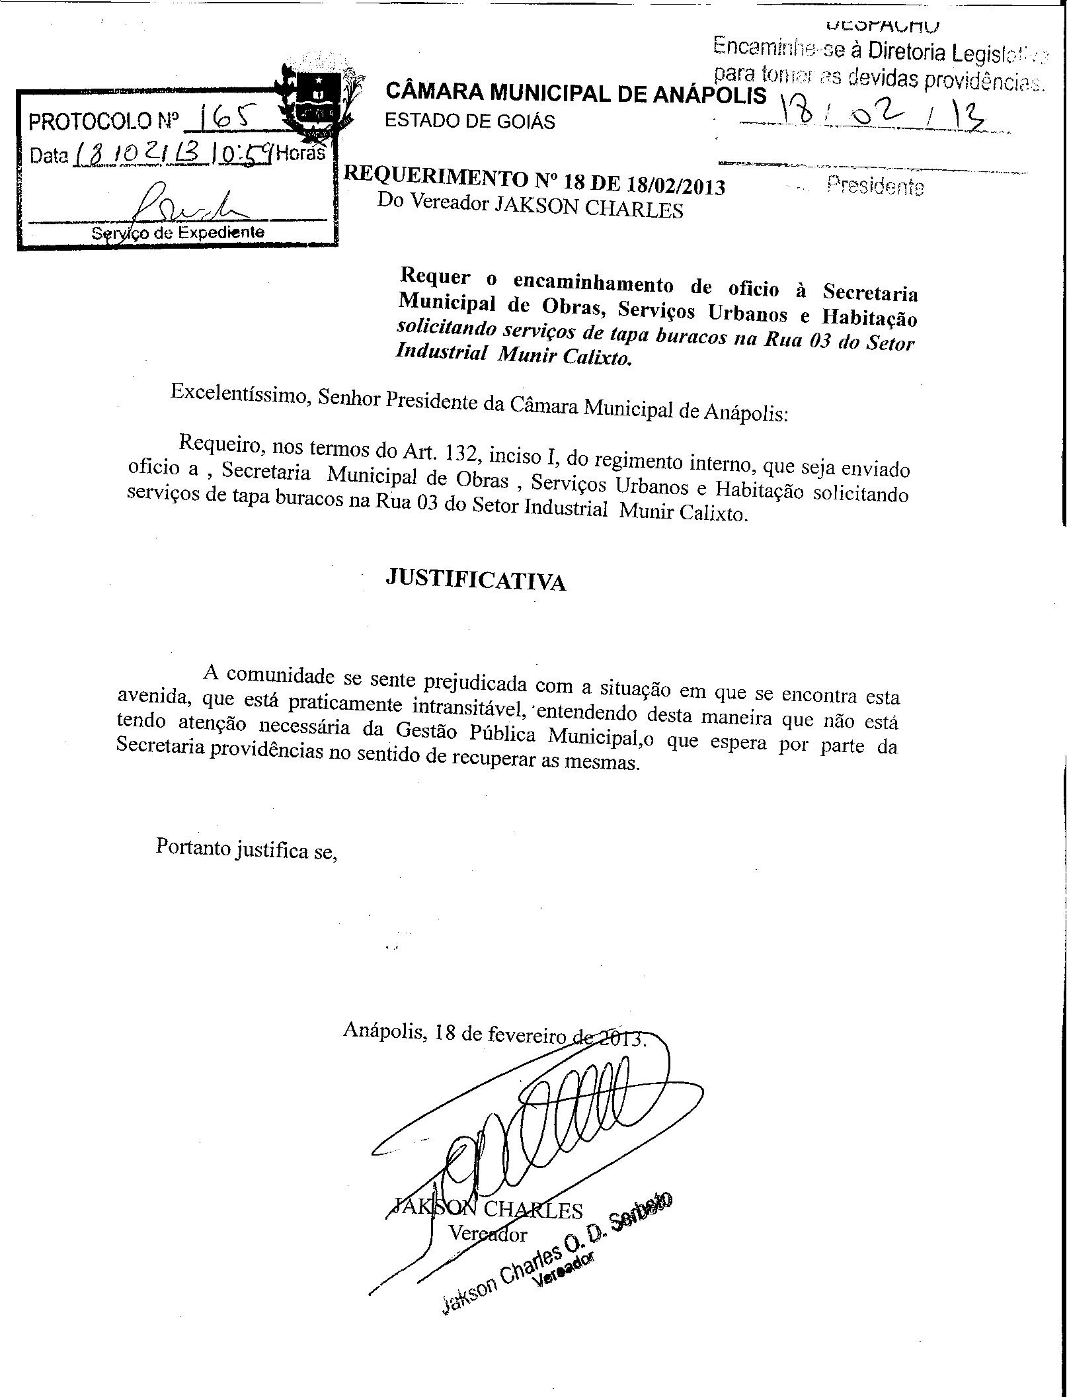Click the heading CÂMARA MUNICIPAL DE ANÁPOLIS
point(575,93)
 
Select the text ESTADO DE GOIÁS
point(470,121)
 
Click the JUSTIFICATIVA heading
point(475,579)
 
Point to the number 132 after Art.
point(462,454)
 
